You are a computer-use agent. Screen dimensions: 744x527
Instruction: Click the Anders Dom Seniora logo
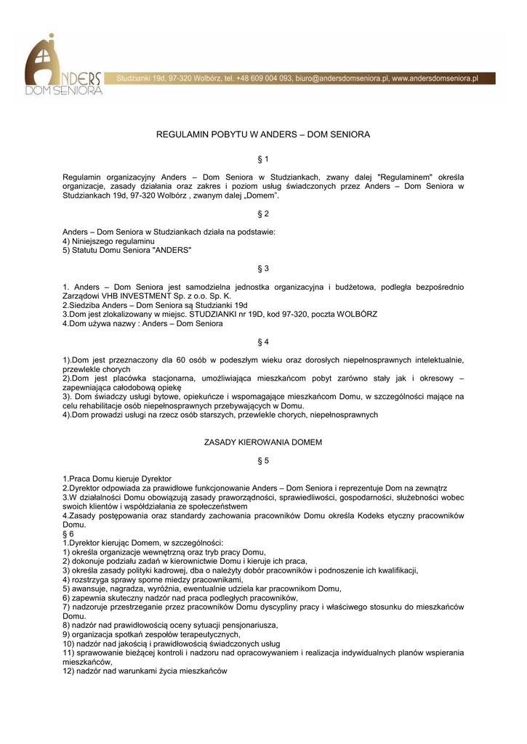(63, 67)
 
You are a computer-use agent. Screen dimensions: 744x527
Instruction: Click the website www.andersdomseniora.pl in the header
(434, 78)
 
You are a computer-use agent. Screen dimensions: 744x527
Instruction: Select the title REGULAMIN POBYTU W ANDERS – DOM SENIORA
(263, 135)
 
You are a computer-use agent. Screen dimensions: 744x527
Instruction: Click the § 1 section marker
(263, 158)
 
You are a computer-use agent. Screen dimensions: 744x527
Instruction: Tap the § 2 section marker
(263, 214)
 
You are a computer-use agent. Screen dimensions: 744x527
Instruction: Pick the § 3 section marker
(263, 269)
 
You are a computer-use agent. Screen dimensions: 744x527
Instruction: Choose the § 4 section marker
(263, 341)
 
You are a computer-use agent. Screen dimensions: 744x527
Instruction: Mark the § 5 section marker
(263, 461)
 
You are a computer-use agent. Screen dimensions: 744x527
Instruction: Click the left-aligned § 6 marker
(68, 533)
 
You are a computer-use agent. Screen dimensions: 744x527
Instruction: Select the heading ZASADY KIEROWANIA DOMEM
(263, 442)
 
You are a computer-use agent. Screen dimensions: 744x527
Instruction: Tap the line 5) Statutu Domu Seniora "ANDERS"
(127, 250)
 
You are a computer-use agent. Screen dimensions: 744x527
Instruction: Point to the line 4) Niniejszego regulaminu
(108, 240)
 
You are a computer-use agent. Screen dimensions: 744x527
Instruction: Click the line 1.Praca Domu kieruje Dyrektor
(117, 479)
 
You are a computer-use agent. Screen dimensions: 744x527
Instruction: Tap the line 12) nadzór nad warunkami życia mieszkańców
(145, 671)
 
